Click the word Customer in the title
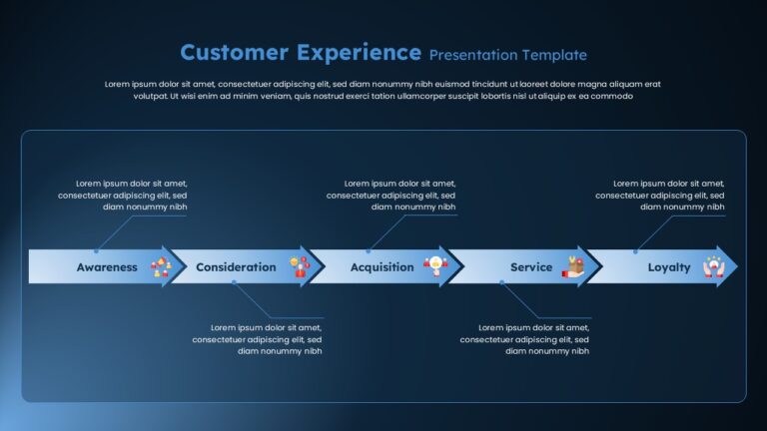(x=235, y=52)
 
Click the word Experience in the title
(x=359, y=53)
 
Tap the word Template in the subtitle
(x=554, y=55)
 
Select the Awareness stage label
(x=107, y=267)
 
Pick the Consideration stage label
(x=236, y=267)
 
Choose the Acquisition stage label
(x=383, y=267)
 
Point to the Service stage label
(x=531, y=267)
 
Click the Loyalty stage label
(x=669, y=267)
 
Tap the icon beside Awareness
(x=161, y=266)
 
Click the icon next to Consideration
(x=300, y=266)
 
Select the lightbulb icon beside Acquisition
(x=435, y=266)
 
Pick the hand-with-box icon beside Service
(x=573, y=266)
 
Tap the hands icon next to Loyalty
(x=714, y=266)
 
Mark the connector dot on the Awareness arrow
(x=96, y=251)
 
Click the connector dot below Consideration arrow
(x=234, y=282)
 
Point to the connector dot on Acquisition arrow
(x=369, y=251)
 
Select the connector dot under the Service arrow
(x=502, y=282)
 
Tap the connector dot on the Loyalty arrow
(x=635, y=251)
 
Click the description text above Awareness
(x=122, y=195)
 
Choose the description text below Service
(x=524, y=339)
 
